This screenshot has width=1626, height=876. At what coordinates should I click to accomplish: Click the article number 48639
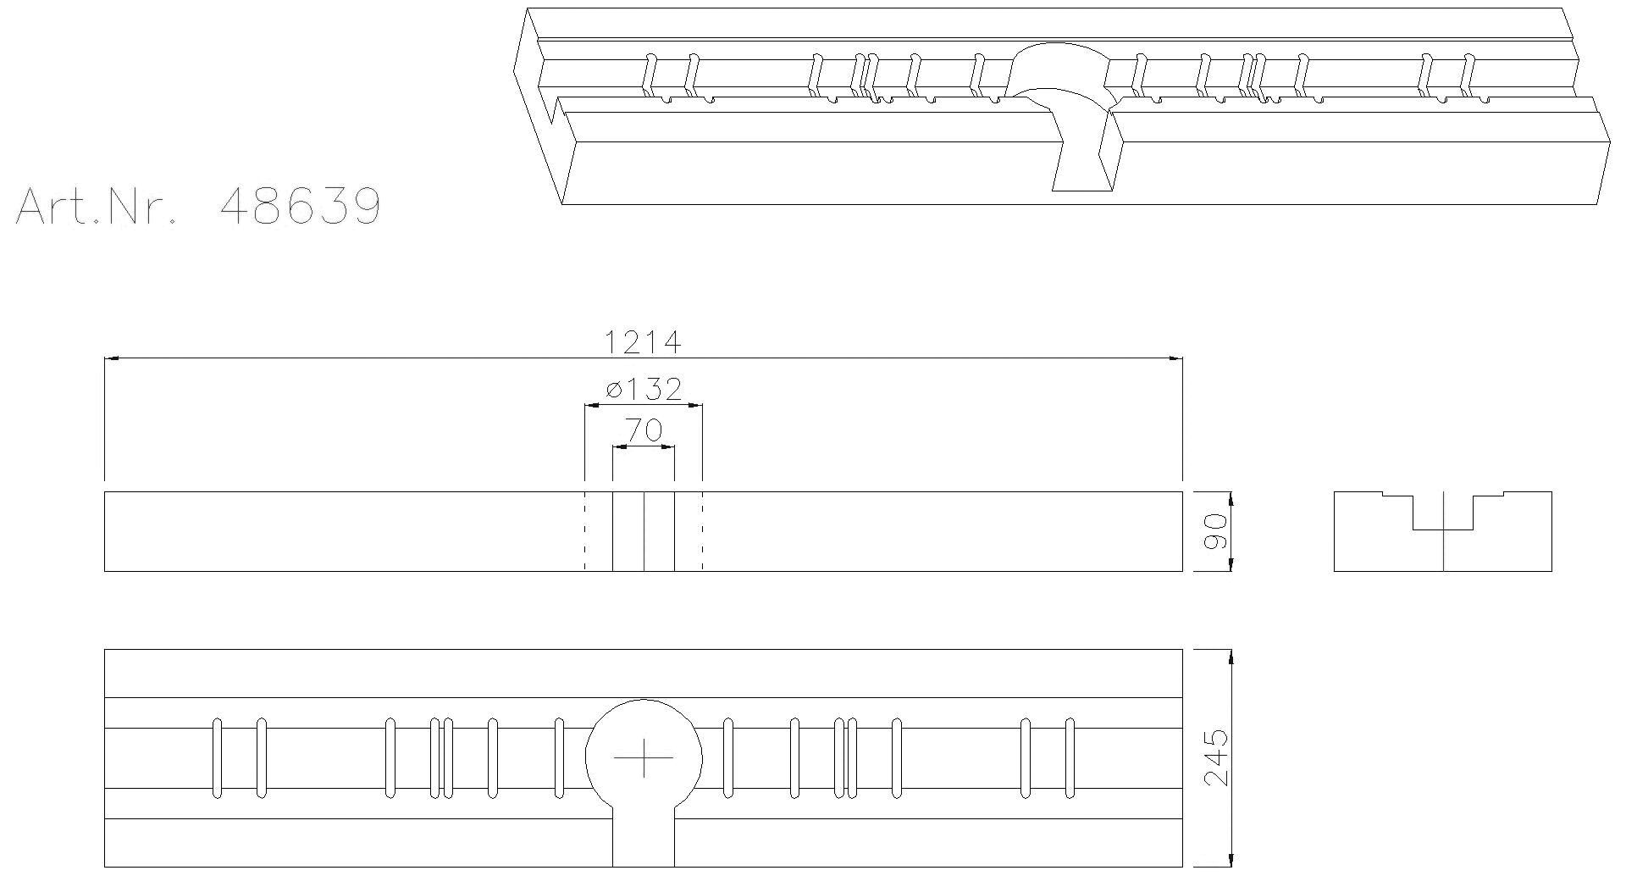(300, 206)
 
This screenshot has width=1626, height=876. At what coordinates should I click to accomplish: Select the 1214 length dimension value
(643, 342)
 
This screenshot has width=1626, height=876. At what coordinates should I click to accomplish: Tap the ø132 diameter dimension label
(644, 389)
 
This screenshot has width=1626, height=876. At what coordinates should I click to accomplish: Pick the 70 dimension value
(644, 431)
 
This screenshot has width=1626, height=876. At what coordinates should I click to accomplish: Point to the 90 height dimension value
(1215, 531)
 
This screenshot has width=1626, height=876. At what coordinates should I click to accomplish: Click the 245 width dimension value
(1216, 757)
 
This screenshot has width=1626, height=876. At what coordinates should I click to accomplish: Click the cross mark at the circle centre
(644, 757)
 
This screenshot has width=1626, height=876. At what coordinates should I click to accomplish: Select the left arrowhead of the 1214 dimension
(110, 358)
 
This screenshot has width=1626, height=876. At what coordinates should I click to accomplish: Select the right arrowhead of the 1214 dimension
(1176, 358)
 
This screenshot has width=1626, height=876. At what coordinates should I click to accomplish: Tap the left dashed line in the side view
(584, 531)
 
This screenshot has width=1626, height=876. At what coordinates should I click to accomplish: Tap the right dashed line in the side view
(703, 531)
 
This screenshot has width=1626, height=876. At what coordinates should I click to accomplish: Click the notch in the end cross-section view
(1443, 513)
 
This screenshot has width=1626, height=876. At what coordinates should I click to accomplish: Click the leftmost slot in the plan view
(217, 757)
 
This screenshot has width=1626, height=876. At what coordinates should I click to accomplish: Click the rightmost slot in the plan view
(1070, 757)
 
